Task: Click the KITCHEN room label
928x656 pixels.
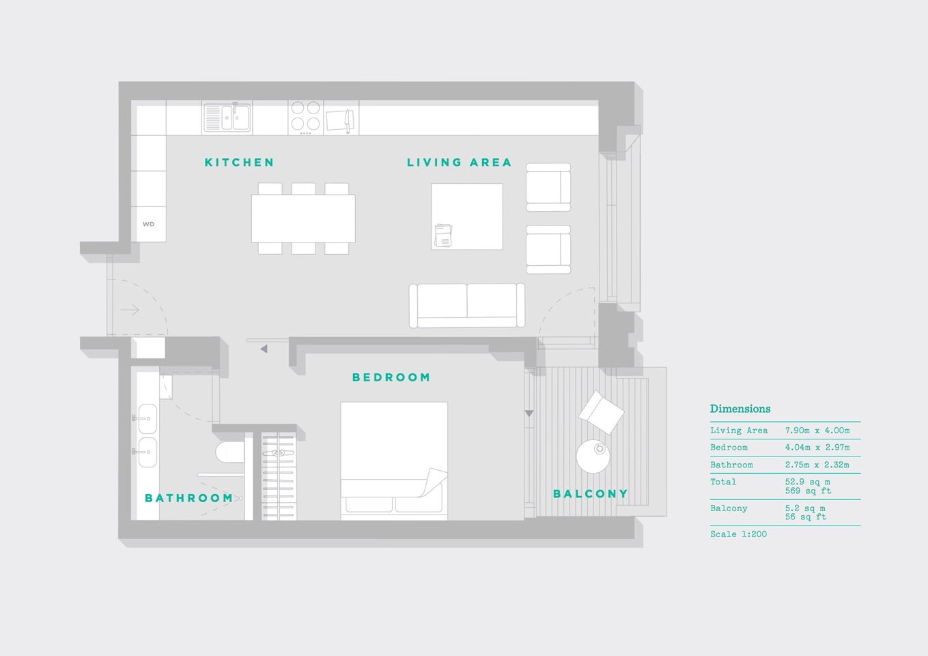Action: (239, 162)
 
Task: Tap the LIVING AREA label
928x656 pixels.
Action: (459, 162)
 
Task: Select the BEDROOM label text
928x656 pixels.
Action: (391, 377)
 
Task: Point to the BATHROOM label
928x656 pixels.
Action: (189, 497)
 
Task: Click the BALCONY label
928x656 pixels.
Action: (591, 493)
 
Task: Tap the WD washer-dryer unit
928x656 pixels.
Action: (148, 224)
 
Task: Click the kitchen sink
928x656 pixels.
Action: (227, 118)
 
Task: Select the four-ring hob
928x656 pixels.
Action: (306, 117)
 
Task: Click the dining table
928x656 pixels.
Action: (303, 219)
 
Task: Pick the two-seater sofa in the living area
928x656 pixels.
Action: (467, 305)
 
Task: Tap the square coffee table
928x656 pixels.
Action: (467, 217)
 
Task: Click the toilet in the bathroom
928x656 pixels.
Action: (230, 452)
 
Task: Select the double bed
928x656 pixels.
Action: (394, 461)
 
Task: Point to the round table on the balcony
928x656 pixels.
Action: (593, 456)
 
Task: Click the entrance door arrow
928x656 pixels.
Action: (130, 310)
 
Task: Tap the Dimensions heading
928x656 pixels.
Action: (740, 409)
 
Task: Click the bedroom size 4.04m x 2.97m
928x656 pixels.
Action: (817, 448)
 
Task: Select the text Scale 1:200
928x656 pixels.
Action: (738, 534)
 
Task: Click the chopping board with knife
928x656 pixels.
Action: (341, 120)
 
